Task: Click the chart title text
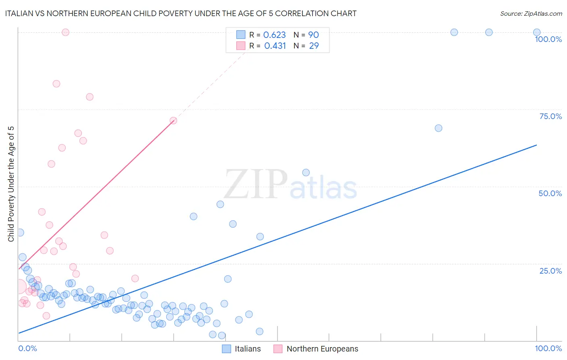point(181,13)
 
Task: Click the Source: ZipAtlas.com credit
point(531,13)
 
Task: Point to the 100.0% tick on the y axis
point(548,39)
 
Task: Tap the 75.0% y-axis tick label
point(550,116)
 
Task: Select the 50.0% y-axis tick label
point(550,193)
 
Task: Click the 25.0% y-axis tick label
point(550,270)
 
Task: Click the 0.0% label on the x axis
point(27,348)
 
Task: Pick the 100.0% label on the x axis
point(548,348)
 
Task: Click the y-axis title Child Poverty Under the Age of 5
point(11,184)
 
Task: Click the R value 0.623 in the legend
point(274,35)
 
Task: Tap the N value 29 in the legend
point(314,46)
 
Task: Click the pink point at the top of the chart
point(65,32)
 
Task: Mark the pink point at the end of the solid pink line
point(173,121)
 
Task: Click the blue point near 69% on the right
point(438,128)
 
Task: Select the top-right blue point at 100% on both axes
point(536,32)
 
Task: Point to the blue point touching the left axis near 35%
point(20,232)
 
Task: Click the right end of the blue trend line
point(536,145)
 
